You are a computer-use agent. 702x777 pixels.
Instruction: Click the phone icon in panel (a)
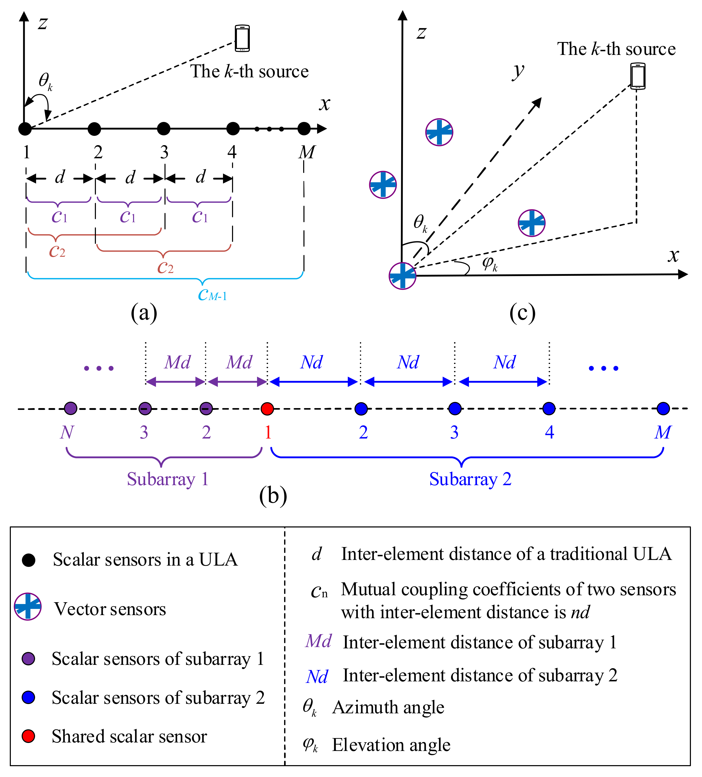point(242,38)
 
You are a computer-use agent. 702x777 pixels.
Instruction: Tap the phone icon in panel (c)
point(638,76)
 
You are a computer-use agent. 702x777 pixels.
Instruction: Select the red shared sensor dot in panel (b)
point(267,409)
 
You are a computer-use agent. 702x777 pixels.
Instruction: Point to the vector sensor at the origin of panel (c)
point(402,276)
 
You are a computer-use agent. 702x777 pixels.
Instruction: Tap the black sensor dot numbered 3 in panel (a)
point(164,129)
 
